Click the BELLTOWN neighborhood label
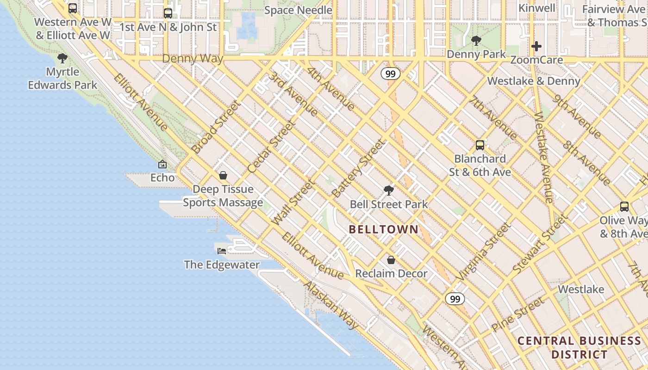[x=383, y=229]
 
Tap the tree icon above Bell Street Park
[x=389, y=190]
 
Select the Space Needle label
[x=298, y=10]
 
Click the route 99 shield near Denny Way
[x=391, y=74]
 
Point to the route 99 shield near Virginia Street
[x=455, y=299]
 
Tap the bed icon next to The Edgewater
[x=222, y=251]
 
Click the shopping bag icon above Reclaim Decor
[x=391, y=260]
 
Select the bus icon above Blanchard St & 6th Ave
[x=480, y=145]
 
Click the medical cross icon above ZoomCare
[x=536, y=46]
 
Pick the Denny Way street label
[x=193, y=59]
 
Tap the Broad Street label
[x=217, y=127]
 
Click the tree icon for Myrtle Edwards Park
[x=62, y=58]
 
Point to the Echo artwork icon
[x=162, y=164]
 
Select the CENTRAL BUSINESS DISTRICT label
[x=579, y=348]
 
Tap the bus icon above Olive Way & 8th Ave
[x=624, y=207]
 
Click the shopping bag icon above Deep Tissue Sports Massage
[x=223, y=175]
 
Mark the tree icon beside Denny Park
[x=476, y=41]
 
